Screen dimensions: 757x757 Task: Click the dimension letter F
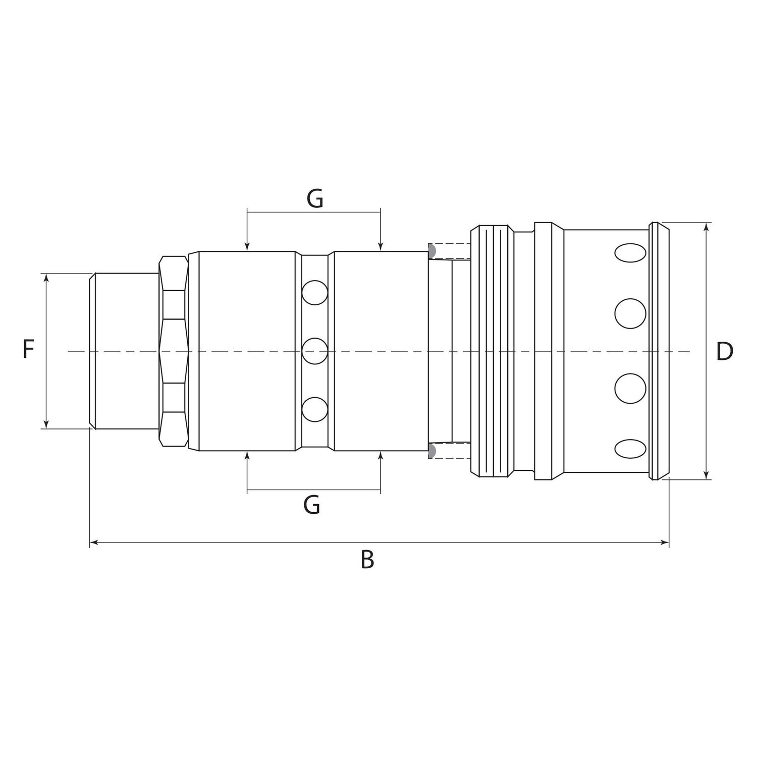28,350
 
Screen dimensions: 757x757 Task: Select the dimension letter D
724,352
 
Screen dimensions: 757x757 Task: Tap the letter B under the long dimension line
367,560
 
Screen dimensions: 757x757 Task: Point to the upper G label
315,199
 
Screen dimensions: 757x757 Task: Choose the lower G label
312,505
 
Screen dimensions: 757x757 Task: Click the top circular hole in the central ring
315,293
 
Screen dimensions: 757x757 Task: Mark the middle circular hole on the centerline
315,351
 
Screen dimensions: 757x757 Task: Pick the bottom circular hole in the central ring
315,409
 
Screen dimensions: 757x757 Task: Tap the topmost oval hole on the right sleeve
630,253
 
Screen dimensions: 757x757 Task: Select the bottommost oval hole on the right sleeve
630,449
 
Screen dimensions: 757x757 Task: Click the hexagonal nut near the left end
174,351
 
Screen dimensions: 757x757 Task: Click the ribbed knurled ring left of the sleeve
492,351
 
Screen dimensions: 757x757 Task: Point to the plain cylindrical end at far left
125,351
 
